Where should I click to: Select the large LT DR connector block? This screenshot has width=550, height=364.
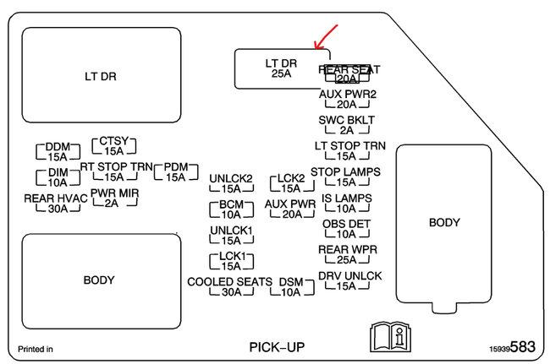point(100,76)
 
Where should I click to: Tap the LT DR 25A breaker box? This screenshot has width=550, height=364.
point(282,68)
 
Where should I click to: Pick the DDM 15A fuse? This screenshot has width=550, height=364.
point(57,151)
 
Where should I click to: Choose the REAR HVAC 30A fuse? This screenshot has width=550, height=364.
point(58,204)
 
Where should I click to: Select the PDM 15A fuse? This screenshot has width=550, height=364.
point(176,171)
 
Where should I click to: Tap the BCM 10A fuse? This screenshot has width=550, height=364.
point(231,209)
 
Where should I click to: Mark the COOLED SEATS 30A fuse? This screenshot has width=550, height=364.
point(230,286)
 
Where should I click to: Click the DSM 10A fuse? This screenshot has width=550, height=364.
point(291,286)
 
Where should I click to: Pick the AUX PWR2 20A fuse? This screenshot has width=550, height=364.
point(349,99)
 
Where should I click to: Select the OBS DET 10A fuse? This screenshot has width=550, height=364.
point(346,229)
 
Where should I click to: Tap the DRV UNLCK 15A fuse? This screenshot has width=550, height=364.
point(349,281)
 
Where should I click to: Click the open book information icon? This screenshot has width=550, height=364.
point(388,338)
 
